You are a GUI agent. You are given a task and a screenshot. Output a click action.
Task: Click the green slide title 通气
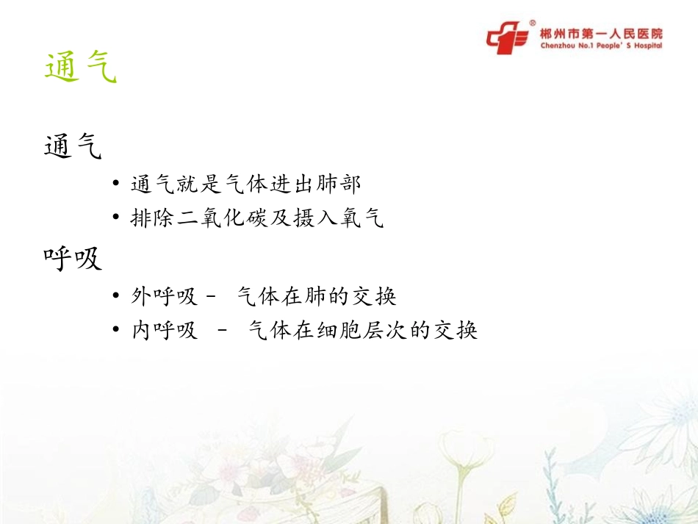pos(80,68)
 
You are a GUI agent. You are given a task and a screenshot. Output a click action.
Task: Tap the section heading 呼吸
pos(72,258)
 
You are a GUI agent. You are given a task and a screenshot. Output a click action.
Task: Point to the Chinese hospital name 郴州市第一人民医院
pos(601,33)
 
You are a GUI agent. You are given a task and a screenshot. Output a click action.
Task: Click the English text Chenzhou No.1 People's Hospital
pos(601,46)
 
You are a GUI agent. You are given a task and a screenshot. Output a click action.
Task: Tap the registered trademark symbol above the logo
pos(532,23)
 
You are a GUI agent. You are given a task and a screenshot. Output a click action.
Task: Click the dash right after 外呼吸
pos(212,297)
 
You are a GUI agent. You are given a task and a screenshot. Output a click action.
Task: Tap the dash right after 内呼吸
pos(223,331)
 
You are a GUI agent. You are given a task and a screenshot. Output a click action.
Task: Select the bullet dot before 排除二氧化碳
pos(117,219)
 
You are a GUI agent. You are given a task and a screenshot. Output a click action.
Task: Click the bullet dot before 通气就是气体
pos(117,184)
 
